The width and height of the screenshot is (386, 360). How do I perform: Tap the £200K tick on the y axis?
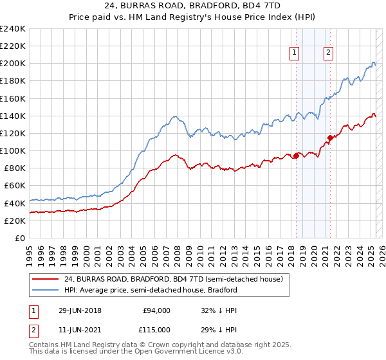[13, 64]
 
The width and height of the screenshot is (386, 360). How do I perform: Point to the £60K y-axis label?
[15, 186]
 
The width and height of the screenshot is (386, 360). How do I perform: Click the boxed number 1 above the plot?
[295, 53]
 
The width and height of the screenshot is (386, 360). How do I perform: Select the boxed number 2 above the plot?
[328, 53]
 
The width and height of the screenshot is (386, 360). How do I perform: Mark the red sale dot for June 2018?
[296, 155]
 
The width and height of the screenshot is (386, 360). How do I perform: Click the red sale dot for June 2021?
[330, 137]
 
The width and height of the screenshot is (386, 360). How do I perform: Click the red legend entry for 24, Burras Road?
[173, 279]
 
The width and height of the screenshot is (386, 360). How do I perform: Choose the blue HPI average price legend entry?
[151, 290]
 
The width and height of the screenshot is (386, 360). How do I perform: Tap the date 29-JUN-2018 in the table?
[80, 310]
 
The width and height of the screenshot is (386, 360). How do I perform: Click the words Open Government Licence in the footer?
[192, 353]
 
